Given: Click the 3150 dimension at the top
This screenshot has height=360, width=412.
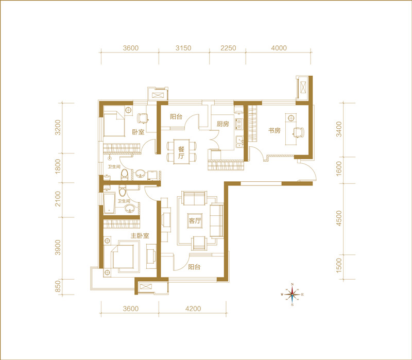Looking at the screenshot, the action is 183,48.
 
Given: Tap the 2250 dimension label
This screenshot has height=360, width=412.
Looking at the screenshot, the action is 228,48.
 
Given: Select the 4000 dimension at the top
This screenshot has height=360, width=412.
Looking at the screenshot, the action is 279,48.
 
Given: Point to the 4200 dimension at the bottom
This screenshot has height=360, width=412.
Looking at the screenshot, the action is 193,308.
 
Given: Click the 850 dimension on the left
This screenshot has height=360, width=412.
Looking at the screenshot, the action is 58,286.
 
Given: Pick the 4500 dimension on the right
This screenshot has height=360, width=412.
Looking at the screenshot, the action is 339,218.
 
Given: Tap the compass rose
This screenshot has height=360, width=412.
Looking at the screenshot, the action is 292,295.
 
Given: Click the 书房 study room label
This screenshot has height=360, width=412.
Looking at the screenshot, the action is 274,130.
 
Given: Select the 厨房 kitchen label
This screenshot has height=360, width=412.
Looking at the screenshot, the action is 223,124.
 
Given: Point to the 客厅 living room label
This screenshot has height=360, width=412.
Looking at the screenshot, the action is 195,221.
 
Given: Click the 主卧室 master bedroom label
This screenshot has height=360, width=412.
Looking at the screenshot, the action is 140,236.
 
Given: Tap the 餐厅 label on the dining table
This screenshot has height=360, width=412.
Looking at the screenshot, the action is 181,152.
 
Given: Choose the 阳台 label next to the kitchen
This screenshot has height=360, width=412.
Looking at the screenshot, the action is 176,117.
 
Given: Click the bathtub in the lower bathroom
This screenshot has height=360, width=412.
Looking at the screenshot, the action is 109,203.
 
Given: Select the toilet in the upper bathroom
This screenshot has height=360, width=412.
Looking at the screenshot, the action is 125,175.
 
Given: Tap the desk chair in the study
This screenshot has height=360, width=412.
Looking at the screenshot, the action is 299,132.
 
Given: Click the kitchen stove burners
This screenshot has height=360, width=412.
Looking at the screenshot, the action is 239,124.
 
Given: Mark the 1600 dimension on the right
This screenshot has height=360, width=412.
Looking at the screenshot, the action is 339,169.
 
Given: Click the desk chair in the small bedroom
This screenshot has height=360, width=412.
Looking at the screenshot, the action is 143,118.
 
